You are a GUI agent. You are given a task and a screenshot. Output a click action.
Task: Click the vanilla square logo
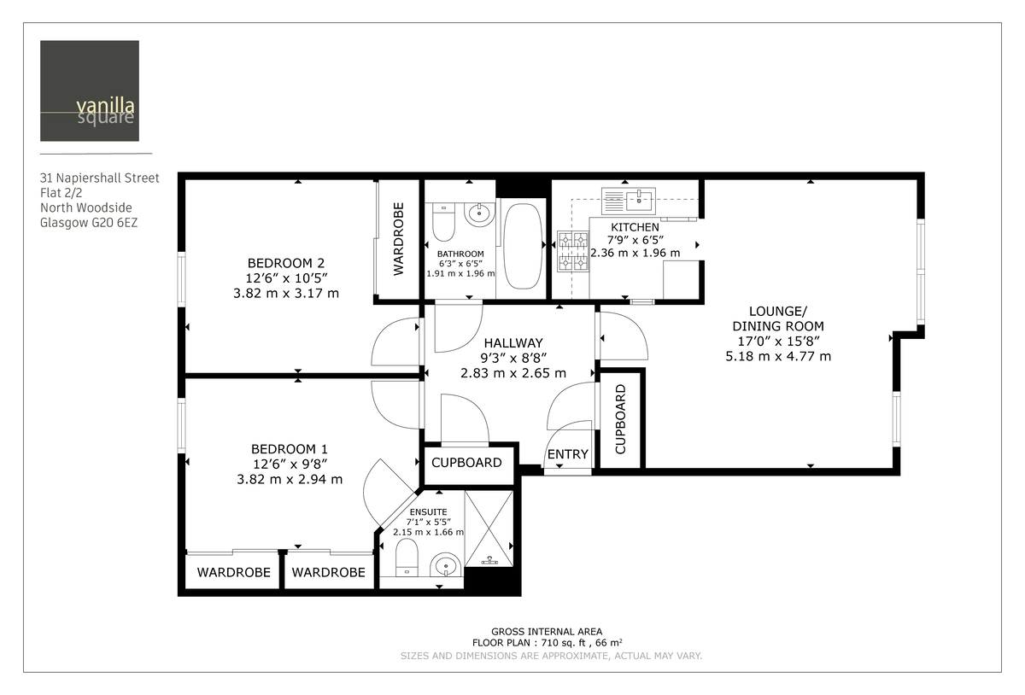[90, 91]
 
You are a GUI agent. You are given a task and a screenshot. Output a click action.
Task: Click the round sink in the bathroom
[480, 213]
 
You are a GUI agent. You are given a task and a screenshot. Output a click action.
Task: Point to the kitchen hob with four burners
[572, 251]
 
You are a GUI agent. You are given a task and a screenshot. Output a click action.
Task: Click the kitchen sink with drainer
[628, 201]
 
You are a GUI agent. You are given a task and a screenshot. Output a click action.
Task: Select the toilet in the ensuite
[407, 557]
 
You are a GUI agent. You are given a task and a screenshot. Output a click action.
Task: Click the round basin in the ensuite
[445, 564]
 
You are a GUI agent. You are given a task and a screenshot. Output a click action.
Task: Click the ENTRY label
[568, 454]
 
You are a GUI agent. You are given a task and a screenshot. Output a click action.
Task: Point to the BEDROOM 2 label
[285, 263]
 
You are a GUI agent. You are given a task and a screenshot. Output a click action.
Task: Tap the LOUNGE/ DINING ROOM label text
[777, 318]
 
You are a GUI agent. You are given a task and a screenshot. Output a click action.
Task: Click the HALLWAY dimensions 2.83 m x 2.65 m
[512, 373]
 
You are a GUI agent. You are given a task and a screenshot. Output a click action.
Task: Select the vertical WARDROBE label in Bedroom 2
[398, 239]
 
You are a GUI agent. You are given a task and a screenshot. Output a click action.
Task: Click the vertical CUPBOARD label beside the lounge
[621, 418]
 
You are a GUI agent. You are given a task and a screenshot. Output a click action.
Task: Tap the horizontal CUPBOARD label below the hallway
[466, 463]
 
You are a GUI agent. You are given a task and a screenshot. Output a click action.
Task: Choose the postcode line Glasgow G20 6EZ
[89, 223]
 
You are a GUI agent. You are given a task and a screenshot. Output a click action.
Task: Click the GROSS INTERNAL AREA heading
[547, 631]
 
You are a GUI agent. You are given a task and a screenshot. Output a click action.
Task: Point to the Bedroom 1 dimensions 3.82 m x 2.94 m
[290, 479]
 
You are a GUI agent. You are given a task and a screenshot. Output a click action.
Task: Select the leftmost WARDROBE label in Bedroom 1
[233, 572]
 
